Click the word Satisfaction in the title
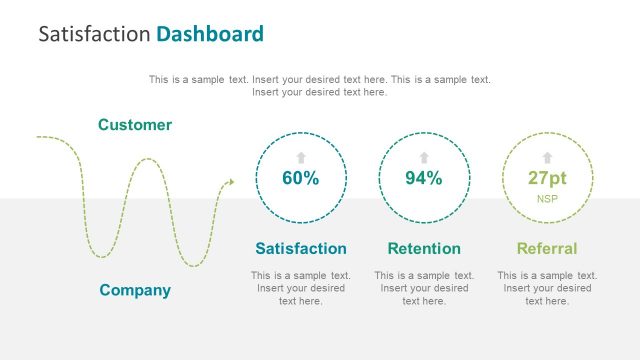click(x=94, y=34)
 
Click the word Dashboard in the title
click(x=210, y=34)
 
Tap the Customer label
click(x=135, y=125)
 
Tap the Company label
click(x=135, y=290)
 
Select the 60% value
click(x=300, y=179)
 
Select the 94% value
click(x=423, y=179)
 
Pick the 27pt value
click(x=547, y=179)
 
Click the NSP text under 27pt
click(x=547, y=199)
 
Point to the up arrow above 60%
click(x=300, y=157)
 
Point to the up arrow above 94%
click(x=423, y=157)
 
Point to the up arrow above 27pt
click(x=547, y=157)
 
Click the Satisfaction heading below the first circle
click(x=301, y=248)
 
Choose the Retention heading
click(x=424, y=248)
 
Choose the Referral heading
click(x=547, y=248)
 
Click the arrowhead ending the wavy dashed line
click(x=230, y=182)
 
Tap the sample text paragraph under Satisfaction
click(x=301, y=288)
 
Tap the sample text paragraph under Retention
click(x=424, y=288)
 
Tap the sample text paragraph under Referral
click(x=547, y=288)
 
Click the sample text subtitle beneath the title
click(x=320, y=85)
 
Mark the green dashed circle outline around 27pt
click(x=502, y=178)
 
